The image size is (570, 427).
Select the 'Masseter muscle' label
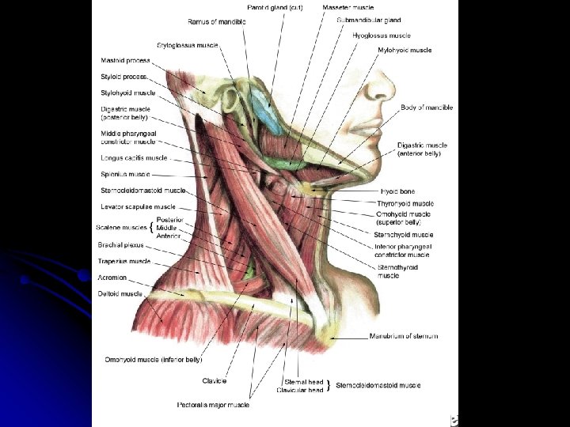[348, 6]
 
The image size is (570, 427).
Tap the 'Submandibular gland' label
[368, 20]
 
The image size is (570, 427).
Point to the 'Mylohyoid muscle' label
[405, 50]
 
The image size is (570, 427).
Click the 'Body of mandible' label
[427, 108]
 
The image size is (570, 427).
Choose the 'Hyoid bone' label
[397, 191]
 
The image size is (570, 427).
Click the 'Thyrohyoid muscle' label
[405, 203]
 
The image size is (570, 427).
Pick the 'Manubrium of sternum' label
[403, 336]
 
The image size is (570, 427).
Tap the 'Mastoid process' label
[125, 60]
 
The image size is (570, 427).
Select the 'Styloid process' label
[123, 77]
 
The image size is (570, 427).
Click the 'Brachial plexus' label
[121, 245]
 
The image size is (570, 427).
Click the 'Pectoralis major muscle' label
[213, 405]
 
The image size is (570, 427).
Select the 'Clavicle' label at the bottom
[215, 380]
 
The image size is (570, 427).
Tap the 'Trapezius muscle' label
[125, 261]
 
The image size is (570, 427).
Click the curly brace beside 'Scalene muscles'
[151, 228]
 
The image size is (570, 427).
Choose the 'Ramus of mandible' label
[217, 21]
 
